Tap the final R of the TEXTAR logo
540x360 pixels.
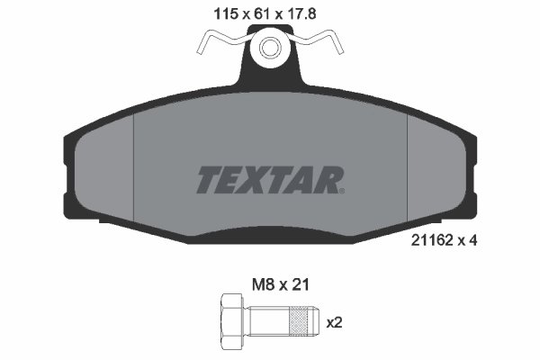pos(327,180)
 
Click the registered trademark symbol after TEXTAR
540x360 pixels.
pos(342,190)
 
